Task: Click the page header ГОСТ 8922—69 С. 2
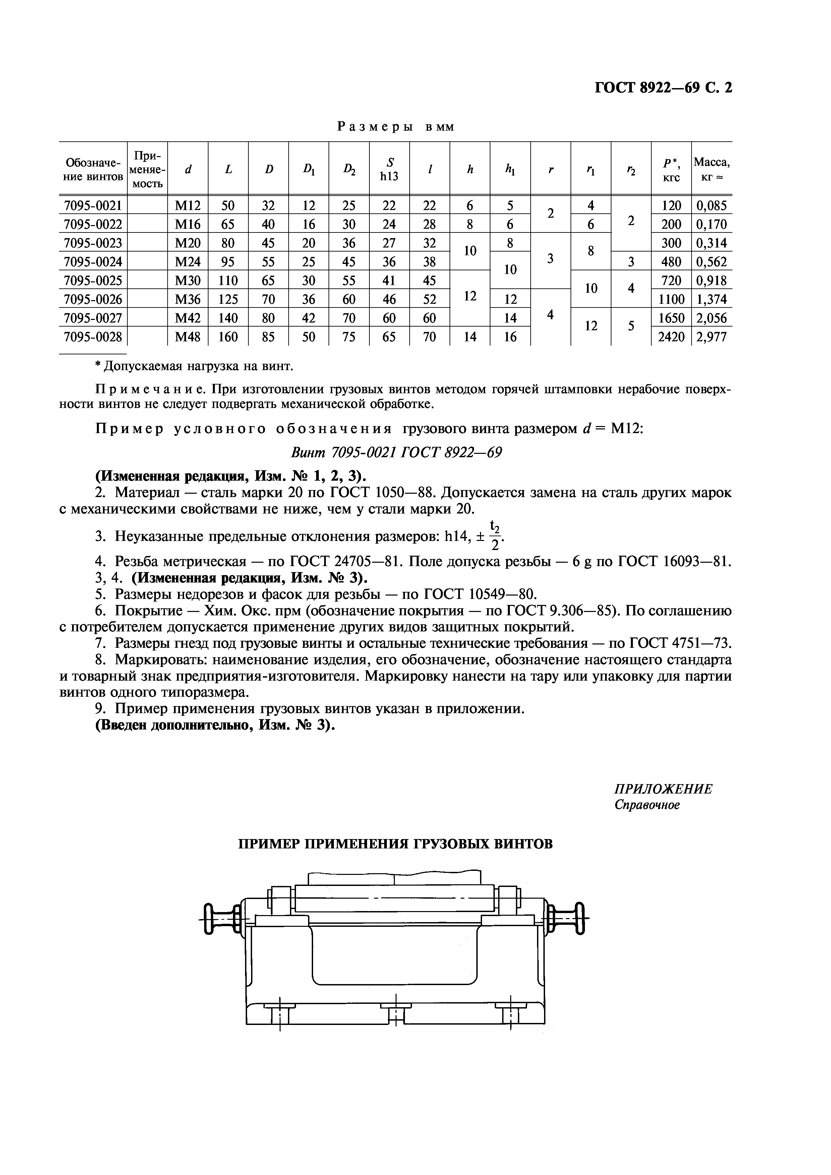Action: (x=663, y=88)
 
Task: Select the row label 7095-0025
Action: (x=93, y=280)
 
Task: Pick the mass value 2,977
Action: (x=711, y=337)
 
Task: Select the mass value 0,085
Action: (x=711, y=206)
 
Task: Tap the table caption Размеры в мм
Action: (x=395, y=126)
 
